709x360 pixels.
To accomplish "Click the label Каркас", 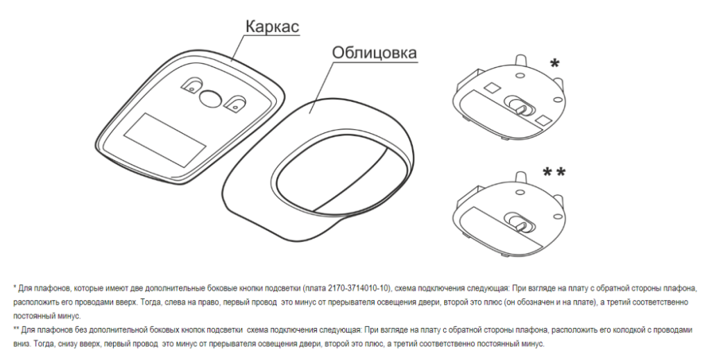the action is (x=272, y=26).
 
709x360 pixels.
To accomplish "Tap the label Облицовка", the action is (x=375, y=53).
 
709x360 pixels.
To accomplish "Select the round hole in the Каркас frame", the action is (x=210, y=98).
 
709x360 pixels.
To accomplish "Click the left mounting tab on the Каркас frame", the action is (x=192, y=85).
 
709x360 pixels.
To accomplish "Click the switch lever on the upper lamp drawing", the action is (x=520, y=107).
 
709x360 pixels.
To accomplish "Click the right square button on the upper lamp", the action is (x=543, y=120).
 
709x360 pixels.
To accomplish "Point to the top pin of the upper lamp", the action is (x=520, y=60).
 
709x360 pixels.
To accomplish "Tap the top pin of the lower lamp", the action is (x=520, y=175).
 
